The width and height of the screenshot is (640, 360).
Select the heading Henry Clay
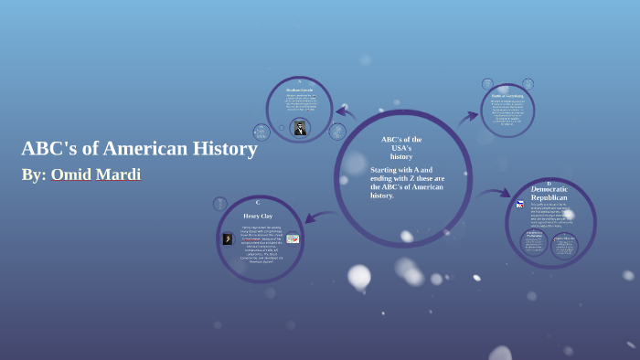(x=258, y=217)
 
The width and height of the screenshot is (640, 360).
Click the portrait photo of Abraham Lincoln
(x=299, y=127)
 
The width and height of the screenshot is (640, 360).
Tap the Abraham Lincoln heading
(x=299, y=90)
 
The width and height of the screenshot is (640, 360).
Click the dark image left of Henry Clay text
(x=228, y=238)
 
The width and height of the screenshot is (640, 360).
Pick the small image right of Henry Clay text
(x=293, y=238)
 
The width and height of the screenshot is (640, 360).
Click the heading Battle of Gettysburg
(x=507, y=95)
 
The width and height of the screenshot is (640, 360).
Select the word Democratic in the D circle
(x=549, y=189)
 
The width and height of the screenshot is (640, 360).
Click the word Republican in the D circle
(x=549, y=197)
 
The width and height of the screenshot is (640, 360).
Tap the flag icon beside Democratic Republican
(x=520, y=204)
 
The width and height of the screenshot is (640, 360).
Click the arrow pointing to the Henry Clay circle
(x=319, y=217)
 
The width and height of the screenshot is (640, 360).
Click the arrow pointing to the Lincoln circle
(x=345, y=113)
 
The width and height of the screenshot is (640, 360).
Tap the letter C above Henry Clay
(x=258, y=203)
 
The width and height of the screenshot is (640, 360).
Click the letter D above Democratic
(x=549, y=182)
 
